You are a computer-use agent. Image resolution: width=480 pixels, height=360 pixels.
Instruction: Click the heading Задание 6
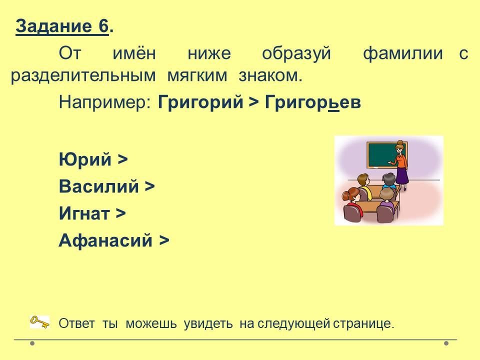(64, 26)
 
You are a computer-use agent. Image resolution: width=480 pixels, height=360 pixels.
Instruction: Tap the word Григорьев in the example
(313, 102)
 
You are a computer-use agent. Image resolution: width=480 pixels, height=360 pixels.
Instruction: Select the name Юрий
(85, 159)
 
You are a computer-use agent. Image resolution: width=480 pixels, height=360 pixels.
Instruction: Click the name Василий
(99, 186)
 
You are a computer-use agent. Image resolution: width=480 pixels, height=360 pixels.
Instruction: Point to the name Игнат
(84, 213)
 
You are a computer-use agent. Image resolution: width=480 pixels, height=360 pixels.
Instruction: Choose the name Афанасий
(105, 240)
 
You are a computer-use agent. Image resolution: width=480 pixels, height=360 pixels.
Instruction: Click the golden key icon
(39, 322)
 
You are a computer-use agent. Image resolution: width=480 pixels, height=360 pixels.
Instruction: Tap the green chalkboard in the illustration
(387, 154)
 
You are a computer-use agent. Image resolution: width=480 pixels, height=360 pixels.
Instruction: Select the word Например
(104, 102)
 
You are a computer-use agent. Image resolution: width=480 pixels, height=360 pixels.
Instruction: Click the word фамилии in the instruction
(403, 53)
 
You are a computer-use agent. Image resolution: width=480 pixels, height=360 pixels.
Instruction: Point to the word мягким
(197, 76)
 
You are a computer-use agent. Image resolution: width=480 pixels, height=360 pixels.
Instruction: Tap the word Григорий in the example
(200, 102)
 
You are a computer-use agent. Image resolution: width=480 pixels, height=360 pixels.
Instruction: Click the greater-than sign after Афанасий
(164, 240)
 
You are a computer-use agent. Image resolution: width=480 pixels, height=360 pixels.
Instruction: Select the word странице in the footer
(363, 323)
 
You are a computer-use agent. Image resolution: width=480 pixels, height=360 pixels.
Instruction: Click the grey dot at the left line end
(32, 343)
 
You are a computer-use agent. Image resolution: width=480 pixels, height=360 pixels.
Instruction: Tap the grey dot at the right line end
(446, 343)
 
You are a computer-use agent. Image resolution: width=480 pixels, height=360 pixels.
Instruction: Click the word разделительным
(83, 76)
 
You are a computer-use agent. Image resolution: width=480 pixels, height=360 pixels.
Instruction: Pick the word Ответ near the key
(76, 323)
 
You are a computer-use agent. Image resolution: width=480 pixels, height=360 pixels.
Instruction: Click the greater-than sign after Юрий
(123, 159)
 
